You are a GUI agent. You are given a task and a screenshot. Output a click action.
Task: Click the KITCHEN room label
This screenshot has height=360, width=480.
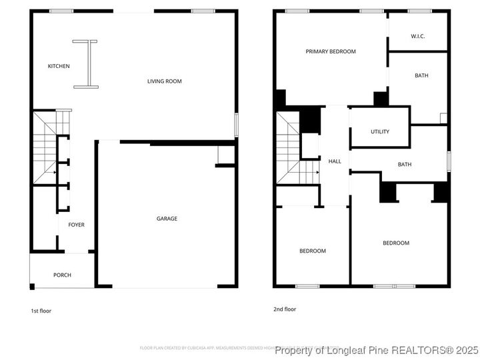(59, 66)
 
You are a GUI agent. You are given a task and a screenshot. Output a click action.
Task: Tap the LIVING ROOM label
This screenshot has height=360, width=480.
(164, 81)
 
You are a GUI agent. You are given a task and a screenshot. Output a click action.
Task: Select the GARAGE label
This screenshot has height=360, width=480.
(167, 219)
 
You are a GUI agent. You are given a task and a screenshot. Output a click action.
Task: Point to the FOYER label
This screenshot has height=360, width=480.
(76, 225)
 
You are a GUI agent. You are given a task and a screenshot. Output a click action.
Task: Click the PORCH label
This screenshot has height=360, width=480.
(62, 275)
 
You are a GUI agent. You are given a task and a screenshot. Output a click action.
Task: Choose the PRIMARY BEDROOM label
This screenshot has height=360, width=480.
(331, 51)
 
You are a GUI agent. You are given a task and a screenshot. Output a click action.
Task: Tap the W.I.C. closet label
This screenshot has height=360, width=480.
(418, 35)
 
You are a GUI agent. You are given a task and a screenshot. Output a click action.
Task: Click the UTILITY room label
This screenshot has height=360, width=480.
(380, 131)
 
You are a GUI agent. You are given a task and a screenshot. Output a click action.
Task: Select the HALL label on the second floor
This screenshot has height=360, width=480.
(335, 161)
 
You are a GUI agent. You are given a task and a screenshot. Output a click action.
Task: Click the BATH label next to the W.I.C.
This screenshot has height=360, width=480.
(421, 75)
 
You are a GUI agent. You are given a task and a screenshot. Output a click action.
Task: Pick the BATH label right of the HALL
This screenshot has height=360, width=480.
(405, 165)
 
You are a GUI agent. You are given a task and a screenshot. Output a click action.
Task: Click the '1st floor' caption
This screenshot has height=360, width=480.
(41, 311)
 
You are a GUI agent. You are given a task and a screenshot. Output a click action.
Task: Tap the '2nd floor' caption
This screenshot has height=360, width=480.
(284, 309)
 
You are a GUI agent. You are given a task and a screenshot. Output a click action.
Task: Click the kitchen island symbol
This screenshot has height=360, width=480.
(86, 64)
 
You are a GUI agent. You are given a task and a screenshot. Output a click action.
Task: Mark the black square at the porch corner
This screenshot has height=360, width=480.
(32, 287)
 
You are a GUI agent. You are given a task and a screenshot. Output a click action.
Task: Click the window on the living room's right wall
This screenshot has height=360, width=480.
(236, 125)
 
